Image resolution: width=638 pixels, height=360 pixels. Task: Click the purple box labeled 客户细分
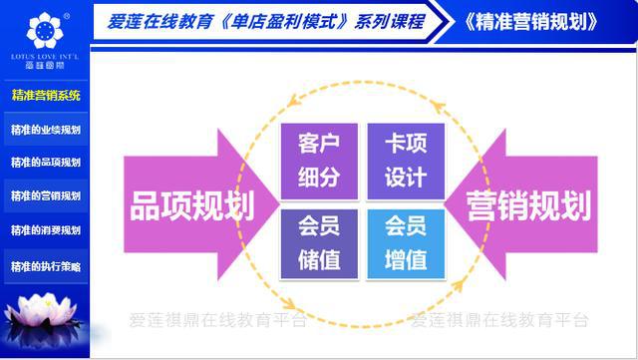click(319, 160)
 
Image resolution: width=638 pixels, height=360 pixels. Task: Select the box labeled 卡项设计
click(404, 160)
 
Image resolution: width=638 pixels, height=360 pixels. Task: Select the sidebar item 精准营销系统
click(45, 96)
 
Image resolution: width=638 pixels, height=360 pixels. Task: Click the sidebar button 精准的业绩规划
click(45, 130)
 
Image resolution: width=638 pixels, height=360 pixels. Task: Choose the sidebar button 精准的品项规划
click(45, 162)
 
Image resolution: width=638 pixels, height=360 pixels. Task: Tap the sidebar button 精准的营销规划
click(45, 195)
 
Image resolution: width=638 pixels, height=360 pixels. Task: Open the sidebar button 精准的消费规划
click(45, 230)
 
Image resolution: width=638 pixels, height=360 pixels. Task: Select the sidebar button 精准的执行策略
click(45, 266)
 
